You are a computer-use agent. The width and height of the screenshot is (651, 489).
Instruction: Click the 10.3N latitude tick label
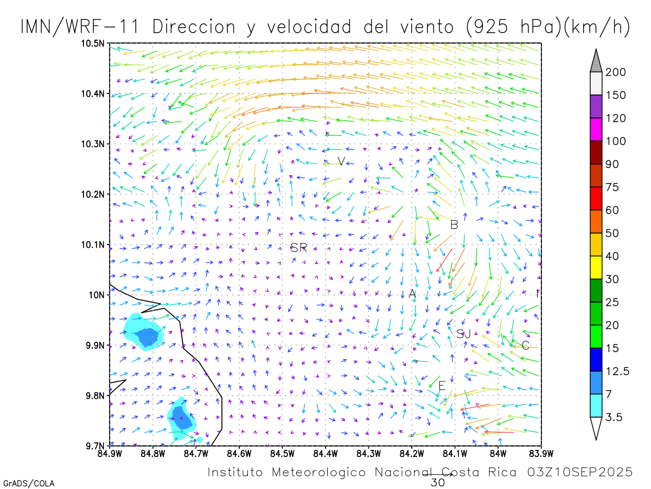coord(93,144)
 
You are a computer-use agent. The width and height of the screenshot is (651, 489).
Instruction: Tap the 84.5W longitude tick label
coord(282,453)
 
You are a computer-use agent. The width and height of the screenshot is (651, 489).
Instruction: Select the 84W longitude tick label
coord(497,453)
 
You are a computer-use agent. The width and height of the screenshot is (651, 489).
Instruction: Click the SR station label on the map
coord(298,248)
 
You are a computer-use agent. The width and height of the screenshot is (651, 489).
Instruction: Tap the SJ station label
coord(463,334)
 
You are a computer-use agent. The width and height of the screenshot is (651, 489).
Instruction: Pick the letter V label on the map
coord(341,161)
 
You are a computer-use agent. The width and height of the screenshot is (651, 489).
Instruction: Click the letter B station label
coord(454,224)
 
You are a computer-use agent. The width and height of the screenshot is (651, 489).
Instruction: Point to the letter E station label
coord(442,386)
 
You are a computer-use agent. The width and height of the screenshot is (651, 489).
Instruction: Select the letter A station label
coord(412,294)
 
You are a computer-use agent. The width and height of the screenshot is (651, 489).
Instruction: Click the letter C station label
coord(525,346)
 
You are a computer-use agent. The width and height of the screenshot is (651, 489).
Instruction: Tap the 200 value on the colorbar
coord(616,72)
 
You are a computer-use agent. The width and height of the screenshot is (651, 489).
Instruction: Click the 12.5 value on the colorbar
coord(618,371)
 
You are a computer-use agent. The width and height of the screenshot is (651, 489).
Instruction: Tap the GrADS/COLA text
coord(29,483)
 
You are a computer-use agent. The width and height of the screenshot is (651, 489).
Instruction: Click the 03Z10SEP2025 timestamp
coord(580,472)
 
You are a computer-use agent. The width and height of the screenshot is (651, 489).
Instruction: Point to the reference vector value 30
coord(437,482)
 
